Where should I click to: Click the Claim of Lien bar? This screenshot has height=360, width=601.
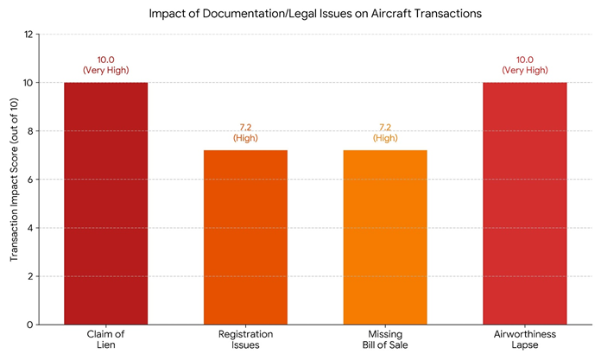(x=106, y=204)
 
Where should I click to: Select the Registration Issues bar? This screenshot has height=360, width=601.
(x=245, y=237)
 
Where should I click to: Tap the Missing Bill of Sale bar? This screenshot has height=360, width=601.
(x=385, y=237)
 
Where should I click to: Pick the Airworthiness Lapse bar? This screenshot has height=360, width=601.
(x=525, y=204)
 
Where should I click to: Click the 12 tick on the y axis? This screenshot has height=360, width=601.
(x=28, y=35)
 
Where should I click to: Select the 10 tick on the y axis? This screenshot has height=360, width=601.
(x=28, y=83)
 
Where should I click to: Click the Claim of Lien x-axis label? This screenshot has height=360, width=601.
(x=106, y=339)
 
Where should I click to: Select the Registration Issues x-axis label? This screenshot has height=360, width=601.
(x=245, y=339)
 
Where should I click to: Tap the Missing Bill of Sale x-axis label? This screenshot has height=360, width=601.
(x=385, y=339)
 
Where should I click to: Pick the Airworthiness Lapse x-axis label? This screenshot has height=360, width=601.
(x=525, y=339)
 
